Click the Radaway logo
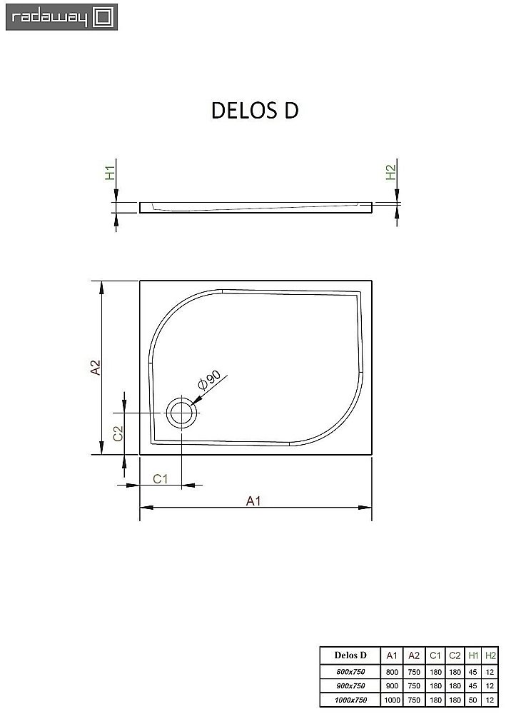point(61,17)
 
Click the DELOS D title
point(254,110)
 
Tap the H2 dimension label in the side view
point(390,173)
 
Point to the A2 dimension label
point(95,367)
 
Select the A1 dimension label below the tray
point(252,501)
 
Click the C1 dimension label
point(161,479)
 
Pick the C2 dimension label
point(119,433)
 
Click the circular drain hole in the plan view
point(181,413)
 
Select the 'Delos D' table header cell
point(350,655)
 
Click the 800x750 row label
point(350,671)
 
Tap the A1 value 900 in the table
point(392,685)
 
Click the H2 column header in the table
point(490,655)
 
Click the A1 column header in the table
point(392,655)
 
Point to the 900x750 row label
point(350,685)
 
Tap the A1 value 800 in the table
point(392,671)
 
